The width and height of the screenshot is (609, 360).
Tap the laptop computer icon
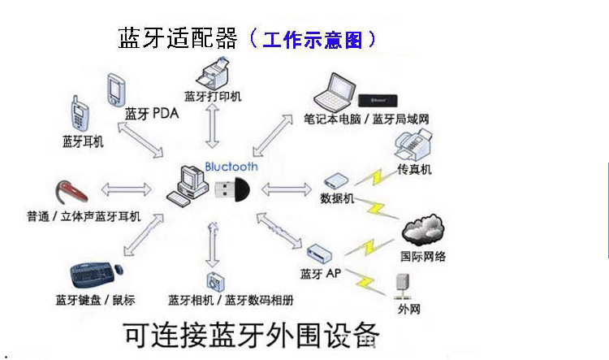(x=335, y=93)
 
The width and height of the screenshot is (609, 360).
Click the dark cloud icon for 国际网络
(x=422, y=230)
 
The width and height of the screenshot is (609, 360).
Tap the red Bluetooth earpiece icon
(x=72, y=193)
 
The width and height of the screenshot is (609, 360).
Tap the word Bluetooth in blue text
(x=231, y=167)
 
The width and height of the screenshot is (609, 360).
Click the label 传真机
(x=414, y=170)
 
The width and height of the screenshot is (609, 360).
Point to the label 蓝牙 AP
(x=321, y=273)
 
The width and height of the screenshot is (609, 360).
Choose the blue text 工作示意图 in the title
(x=313, y=39)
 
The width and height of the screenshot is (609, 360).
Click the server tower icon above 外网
(x=403, y=285)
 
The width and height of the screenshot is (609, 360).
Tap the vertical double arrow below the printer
(x=214, y=126)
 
